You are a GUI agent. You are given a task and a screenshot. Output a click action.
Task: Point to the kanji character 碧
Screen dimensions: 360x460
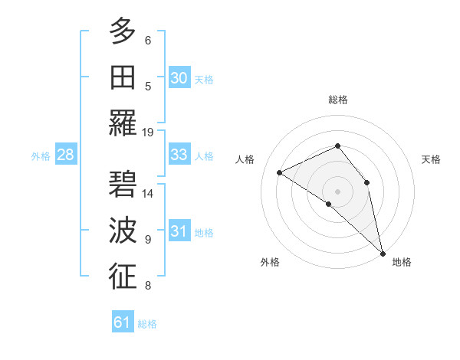pos(123,184)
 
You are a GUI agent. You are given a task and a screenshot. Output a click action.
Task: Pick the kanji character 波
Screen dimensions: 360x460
pos(123,230)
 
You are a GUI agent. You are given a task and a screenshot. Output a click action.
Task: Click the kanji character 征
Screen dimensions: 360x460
pos(123,276)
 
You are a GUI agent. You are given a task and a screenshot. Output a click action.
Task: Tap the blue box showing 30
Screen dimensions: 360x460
pos(179,78)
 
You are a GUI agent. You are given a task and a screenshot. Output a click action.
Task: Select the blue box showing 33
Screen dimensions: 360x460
pos(179,155)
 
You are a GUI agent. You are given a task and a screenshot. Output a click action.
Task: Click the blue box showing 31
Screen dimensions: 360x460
pos(179,231)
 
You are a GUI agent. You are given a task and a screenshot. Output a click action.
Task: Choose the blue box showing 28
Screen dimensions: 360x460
pos(65,155)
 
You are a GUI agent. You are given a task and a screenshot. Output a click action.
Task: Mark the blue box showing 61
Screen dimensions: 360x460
pos(122,322)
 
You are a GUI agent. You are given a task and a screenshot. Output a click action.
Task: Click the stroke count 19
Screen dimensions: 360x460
pos(148,132)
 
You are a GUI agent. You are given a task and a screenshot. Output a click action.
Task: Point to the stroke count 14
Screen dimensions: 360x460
pos(148,194)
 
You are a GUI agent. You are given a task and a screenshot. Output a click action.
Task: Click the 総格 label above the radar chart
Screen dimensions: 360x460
pos(337,100)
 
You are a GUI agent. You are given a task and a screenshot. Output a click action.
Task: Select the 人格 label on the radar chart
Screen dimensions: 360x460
pos(245,159)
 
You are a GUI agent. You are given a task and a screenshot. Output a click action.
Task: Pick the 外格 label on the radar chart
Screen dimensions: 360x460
pos(270,262)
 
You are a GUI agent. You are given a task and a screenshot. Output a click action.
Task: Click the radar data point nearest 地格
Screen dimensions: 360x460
pos(383,250)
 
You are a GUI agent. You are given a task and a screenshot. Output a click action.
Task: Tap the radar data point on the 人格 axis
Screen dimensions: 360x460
pos(280,172)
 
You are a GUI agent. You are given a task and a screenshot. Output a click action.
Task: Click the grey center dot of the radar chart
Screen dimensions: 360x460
pos(337,190)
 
